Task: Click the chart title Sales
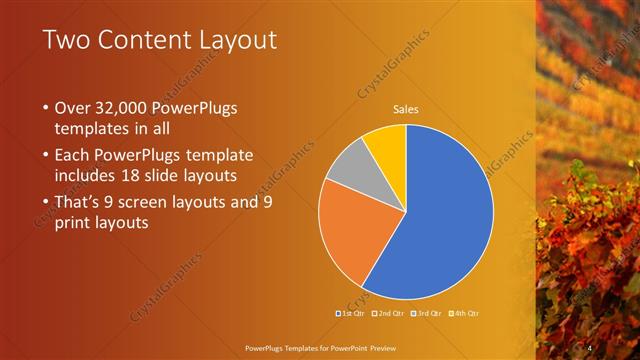tap(405, 109)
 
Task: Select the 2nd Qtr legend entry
tap(391, 314)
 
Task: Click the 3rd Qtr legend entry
tap(430, 314)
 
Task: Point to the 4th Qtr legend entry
tap(468, 314)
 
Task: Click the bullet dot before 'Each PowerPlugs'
tap(46, 155)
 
